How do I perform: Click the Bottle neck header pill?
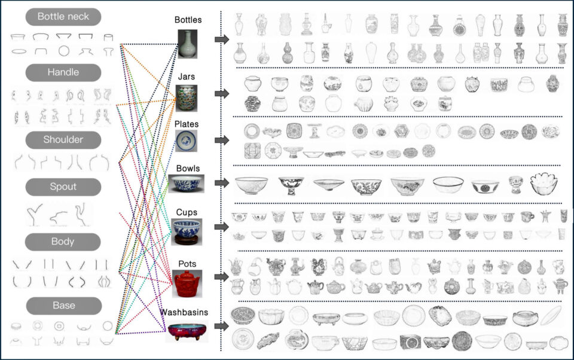click(63, 17)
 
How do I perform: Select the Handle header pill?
click(63, 72)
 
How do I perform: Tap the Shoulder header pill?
click(63, 140)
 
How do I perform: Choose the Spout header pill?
click(63, 187)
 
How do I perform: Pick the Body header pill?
click(63, 242)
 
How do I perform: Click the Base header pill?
click(64, 306)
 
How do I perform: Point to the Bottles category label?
click(188, 20)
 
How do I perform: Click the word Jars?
click(187, 77)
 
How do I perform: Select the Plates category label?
click(187, 124)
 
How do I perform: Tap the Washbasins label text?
click(184, 312)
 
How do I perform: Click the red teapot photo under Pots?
click(187, 284)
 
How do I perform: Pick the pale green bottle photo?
click(187, 44)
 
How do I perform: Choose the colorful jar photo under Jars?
click(187, 98)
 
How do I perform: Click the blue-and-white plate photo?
click(187, 141)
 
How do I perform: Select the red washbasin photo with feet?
click(187, 331)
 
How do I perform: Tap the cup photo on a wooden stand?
click(187, 232)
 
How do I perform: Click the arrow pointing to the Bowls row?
click(222, 183)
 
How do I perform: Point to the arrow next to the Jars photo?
click(222, 93)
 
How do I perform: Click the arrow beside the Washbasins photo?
click(222, 326)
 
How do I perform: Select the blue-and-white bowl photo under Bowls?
click(187, 184)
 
